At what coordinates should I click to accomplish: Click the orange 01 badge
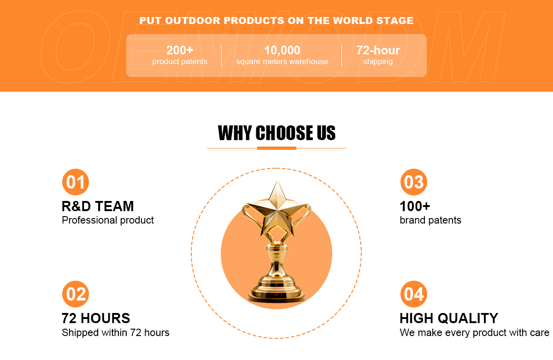76,182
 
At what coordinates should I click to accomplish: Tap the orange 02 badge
76,294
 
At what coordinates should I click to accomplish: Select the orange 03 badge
414,182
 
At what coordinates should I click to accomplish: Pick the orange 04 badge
414,294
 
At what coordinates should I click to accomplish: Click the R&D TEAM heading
98,206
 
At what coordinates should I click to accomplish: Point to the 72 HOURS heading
96,318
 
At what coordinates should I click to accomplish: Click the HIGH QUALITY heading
449,318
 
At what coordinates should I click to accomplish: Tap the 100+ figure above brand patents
415,206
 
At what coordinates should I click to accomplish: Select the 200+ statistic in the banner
180,50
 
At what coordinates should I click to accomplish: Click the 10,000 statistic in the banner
282,50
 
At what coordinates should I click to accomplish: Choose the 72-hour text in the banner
378,50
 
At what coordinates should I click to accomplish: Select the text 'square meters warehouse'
282,61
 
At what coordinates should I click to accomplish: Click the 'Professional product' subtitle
108,220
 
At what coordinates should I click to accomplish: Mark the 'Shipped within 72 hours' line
116,333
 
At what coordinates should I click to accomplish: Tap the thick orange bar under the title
277,148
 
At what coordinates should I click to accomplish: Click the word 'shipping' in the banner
378,62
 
